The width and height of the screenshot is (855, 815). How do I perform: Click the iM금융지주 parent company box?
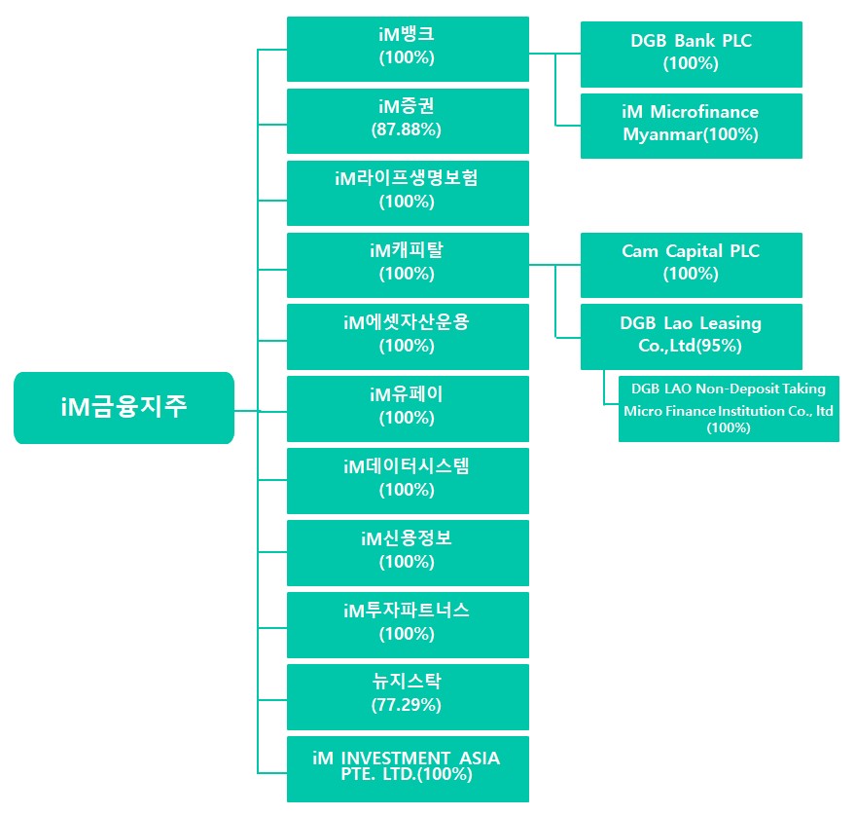[124, 408]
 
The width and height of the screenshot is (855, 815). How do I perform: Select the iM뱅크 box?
[408, 49]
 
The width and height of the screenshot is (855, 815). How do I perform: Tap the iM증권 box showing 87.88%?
[408, 121]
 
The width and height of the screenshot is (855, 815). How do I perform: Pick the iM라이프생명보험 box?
[408, 193]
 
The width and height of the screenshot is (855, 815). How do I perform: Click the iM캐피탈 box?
[408, 265]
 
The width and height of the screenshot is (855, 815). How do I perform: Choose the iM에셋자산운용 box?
[408, 337]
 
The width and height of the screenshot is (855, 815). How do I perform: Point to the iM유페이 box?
[408, 409]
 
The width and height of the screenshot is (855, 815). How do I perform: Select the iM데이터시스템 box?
[408, 481]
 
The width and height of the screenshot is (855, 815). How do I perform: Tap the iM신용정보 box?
[408, 553]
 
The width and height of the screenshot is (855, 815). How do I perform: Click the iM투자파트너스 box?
[408, 625]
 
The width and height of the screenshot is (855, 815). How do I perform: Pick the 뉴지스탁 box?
[408, 697]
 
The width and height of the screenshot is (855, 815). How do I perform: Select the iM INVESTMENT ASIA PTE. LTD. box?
[408, 769]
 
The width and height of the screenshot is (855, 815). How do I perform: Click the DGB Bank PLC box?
[691, 54]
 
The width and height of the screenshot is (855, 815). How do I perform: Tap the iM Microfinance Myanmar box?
[691, 126]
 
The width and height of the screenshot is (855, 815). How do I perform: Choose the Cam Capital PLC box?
[691, 265]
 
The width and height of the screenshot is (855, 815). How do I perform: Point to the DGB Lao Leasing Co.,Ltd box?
[691, 337]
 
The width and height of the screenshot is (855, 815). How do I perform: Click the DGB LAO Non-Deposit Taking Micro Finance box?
[729, 409]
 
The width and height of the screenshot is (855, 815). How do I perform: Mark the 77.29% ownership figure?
[407, 705]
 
